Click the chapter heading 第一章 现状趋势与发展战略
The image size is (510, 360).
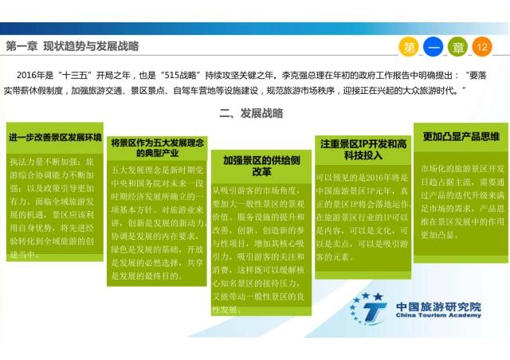pyautogui.click(x=72, y=46)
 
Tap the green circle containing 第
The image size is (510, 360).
pyautogui.click(x=410, y=47)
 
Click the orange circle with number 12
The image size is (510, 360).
pyautogui.click(x=481, y=47)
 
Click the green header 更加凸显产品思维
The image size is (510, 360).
pyautogui.click(x=461, y=136)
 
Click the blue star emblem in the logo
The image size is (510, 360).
pyautogui.click(x=369, y=307)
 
